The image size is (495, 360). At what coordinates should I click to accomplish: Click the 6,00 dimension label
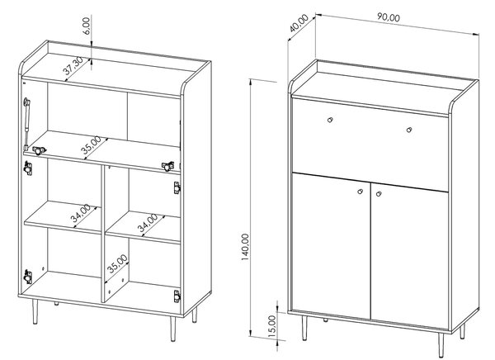tap(87, 26)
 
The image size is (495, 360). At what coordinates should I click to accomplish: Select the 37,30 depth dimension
tap(73, 66)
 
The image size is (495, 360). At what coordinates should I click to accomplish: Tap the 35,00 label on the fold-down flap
tap(92, 145)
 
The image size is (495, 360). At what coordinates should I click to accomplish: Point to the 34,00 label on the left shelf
tap(80, 213)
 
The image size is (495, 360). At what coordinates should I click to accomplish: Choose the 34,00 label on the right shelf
tap(148, 223)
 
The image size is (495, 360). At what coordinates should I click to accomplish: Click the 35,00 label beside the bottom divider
tap(117, 263)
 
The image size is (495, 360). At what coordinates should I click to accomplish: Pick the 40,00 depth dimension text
tap(299, 23)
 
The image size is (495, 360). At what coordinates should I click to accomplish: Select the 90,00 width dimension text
tap(389, 17)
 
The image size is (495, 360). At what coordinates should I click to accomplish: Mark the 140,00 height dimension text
tap(245, 247)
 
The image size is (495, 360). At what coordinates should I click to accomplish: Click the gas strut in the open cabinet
tap(26, 123)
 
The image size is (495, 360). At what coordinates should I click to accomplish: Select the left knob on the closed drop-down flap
tap(330, 120)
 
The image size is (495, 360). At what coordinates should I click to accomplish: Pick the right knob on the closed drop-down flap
tap(409, 130)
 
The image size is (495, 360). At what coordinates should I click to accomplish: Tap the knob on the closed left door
tap(361, 192)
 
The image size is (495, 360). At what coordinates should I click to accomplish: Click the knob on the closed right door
tap(379, 194)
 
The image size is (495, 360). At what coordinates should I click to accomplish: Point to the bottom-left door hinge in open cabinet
tap(28, 277)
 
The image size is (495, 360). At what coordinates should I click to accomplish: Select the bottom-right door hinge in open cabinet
tap(177, 296)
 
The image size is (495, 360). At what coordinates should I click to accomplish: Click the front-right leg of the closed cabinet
tap(441, 344)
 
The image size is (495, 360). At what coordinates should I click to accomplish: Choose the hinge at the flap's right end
tap(167, 166)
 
